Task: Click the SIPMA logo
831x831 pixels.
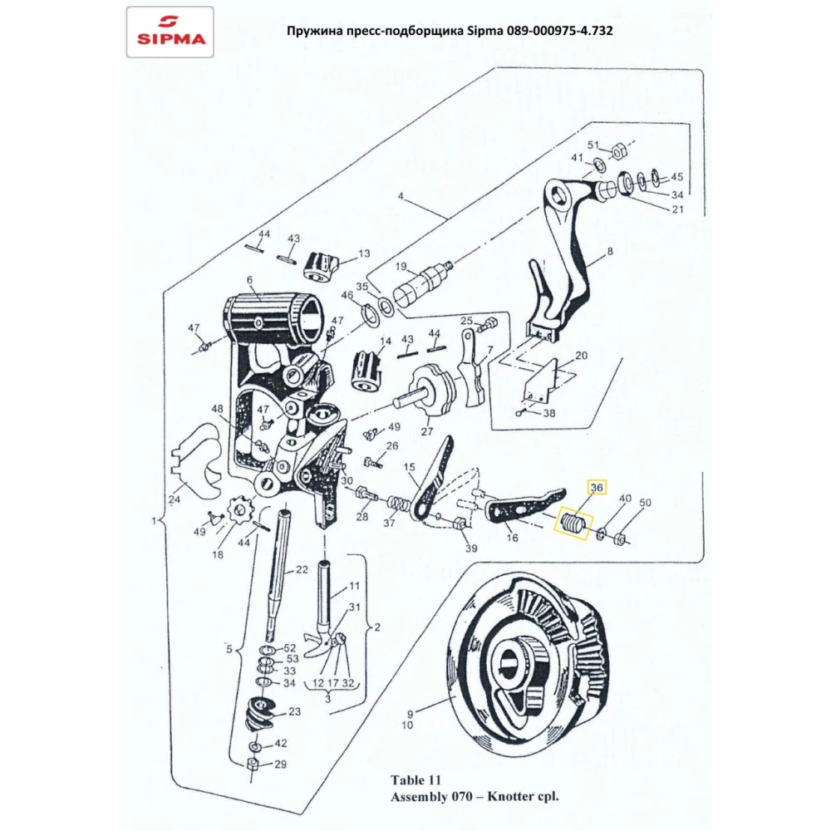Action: [x=170, y=32]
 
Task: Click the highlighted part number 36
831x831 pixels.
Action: [x=597, y=488]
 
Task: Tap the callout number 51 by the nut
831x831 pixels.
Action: [x=593, y=145]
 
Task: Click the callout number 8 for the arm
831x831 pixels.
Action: [x=610, y=250]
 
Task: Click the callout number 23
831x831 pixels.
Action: [x=294, y=712]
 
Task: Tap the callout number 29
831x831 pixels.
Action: [x=280, y=765]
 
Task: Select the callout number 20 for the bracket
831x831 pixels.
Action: [x=581, y=355]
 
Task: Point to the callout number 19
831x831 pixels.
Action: [x=400, y=267]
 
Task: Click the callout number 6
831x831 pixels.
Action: [x=248, y=281]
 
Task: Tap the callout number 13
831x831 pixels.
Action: [x=363, y=253]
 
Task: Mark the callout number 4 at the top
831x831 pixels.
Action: [x=400, y=197]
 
